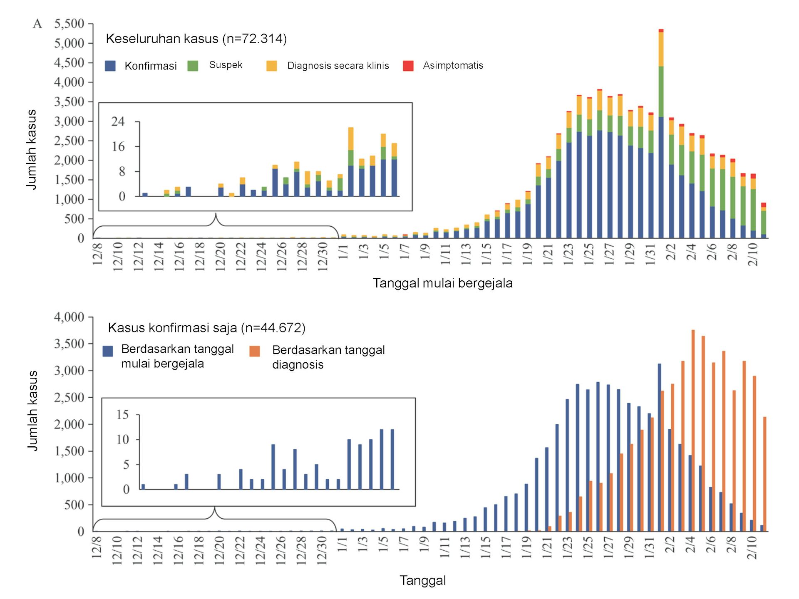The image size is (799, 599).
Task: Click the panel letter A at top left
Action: click(37, 24)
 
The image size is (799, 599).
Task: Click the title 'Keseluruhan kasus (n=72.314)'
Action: click(196, 39)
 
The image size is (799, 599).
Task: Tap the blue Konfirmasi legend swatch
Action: click(110, 66)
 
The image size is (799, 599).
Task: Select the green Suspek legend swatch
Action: click(193, 66)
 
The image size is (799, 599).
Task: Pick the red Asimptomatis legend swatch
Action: click(408, 66)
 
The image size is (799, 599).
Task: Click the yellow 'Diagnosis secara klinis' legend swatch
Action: click(272, 66)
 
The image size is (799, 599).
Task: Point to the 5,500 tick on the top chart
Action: click(69, 24)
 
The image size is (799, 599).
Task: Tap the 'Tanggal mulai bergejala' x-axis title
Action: click(442, 283)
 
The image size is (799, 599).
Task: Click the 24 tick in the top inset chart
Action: click(118, 121)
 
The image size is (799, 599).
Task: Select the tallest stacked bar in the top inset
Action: click(351, 162)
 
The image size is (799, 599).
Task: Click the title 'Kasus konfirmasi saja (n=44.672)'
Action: click(206, 328)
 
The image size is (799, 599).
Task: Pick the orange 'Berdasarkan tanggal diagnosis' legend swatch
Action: click(255, 351)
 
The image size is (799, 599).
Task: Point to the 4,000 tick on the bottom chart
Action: click(69, 317)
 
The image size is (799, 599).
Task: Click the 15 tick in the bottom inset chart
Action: click(122, 415)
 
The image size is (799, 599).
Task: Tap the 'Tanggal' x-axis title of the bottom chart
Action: click(422, 581)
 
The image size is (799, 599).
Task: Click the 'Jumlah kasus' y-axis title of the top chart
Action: click(32, 150)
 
